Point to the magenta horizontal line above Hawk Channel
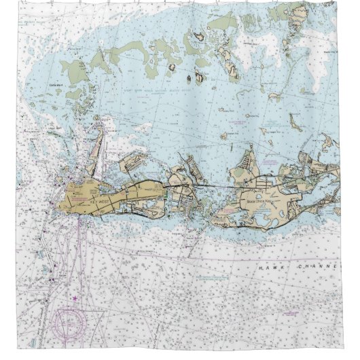point(204,260)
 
